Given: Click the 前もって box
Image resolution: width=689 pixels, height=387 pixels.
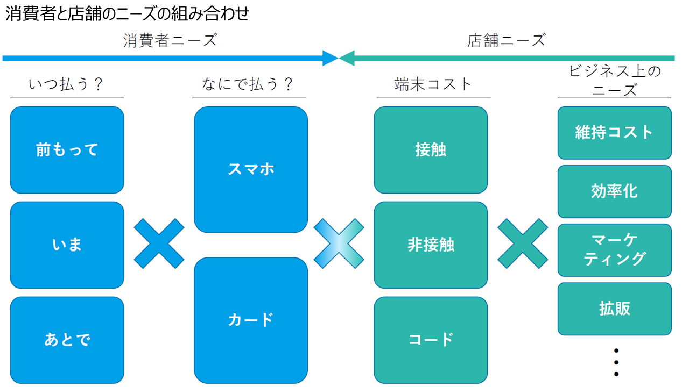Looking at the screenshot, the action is [x=67, y=150].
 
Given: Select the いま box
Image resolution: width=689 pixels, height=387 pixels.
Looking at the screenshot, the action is [x=67, y=245].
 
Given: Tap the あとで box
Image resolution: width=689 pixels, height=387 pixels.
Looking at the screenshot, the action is [x=67, y=340].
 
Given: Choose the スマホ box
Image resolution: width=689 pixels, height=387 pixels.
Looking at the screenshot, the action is [x=251, y=169].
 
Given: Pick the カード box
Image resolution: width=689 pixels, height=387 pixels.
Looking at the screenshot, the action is [x=251, y=320].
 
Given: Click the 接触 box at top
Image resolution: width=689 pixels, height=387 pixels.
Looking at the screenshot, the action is [x=431, y=150].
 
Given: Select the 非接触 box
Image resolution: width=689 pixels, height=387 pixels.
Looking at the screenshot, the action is [x=431, y=245].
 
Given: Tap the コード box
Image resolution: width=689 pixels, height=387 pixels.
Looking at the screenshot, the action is [x=431, y=340].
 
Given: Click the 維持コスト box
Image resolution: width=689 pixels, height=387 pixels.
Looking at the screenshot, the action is [x=614, y=133].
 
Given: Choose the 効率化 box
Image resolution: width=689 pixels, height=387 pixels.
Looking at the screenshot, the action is [x=614, y=191].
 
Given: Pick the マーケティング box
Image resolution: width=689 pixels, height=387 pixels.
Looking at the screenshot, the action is [x=614, y=250].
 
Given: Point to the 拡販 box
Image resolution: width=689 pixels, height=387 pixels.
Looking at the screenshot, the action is [x=614, y=309].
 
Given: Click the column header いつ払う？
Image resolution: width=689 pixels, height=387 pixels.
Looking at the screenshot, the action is [x=66, y=84].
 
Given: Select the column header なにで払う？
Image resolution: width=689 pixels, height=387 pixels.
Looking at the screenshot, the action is [x=248, y=84].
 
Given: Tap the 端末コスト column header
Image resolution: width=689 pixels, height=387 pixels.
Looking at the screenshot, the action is [x=433, y=84].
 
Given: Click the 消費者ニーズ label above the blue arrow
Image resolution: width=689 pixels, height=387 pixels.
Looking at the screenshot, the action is [x=170, y=40].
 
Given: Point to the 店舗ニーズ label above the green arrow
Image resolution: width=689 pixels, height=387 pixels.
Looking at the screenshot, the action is [x=507, y=40].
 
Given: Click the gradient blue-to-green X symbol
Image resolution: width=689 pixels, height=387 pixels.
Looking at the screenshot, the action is [x=339, y=243].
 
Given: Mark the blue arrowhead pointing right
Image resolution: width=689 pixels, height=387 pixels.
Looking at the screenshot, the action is [x=331, y=58].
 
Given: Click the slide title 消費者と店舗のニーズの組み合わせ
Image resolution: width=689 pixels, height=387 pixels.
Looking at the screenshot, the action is [x=128, y=14].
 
